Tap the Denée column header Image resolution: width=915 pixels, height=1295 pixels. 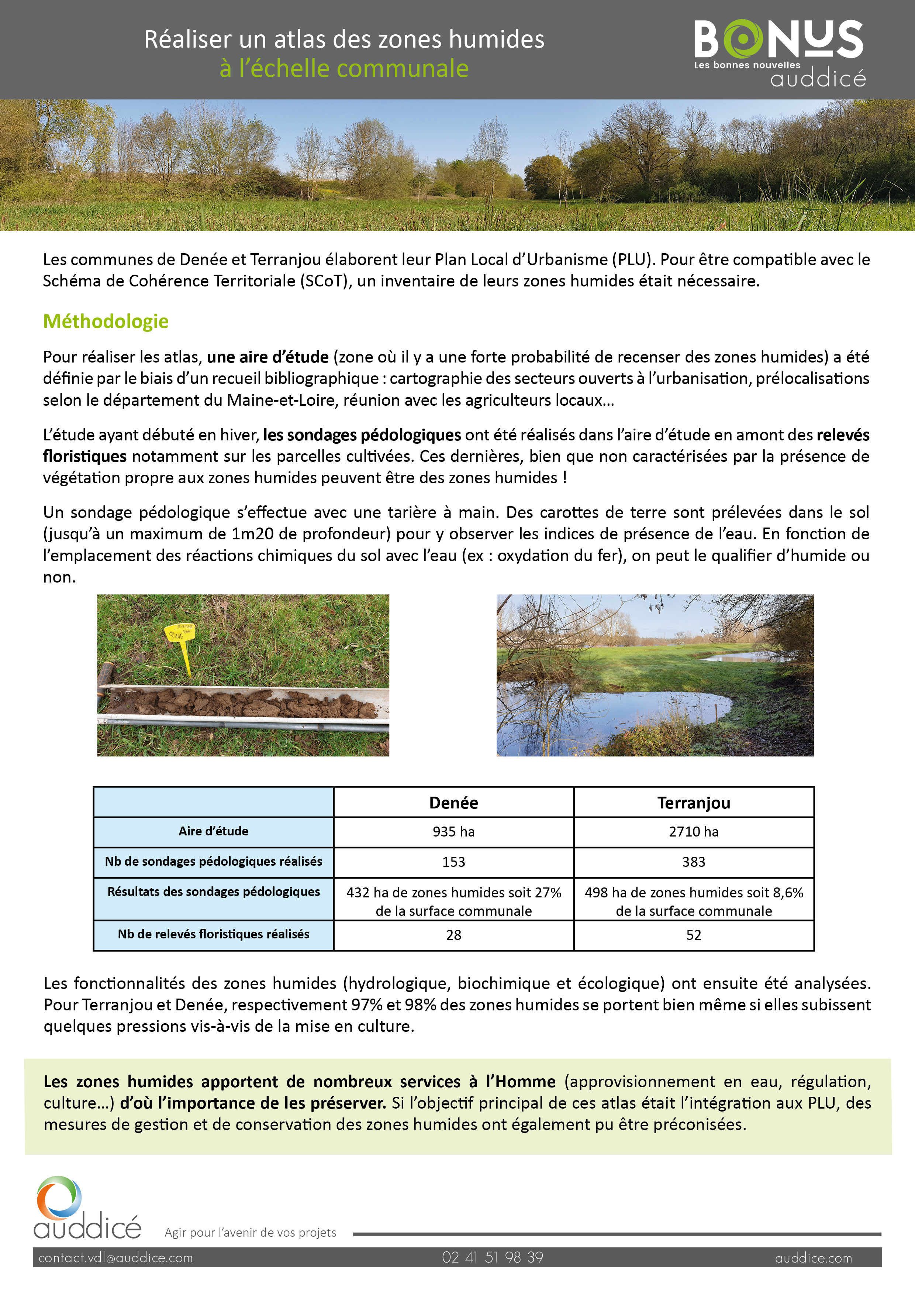click(x=453, y=803)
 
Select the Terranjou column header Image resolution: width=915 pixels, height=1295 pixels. click(x=693, y=803)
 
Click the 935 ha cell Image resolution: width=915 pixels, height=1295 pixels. click(x=453, y=832)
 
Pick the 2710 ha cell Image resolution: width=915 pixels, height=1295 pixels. click(x=693, y=832)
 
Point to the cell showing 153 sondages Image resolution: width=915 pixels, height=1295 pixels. click(x=453, y=862)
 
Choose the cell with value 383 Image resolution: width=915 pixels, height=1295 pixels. click(x=693, y=862)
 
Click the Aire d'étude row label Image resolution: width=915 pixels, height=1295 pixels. click(x=213, y=831)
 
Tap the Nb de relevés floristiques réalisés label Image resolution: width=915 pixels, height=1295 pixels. click(x=213, y=934)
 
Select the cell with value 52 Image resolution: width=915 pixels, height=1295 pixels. click(x=693, y=935)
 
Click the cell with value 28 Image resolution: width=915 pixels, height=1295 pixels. click(x=453, y=935)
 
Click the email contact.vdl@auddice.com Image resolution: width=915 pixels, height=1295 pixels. click(x=115, y=1258)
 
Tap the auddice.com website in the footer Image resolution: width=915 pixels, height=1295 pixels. click(x=813, y=1258)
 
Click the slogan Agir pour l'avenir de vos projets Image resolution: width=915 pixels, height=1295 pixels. click(x=250, y=1232)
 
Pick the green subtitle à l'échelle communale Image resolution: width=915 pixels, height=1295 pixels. click(x=344, y=68)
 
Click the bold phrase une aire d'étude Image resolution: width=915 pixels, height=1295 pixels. click(x=268, y=357)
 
